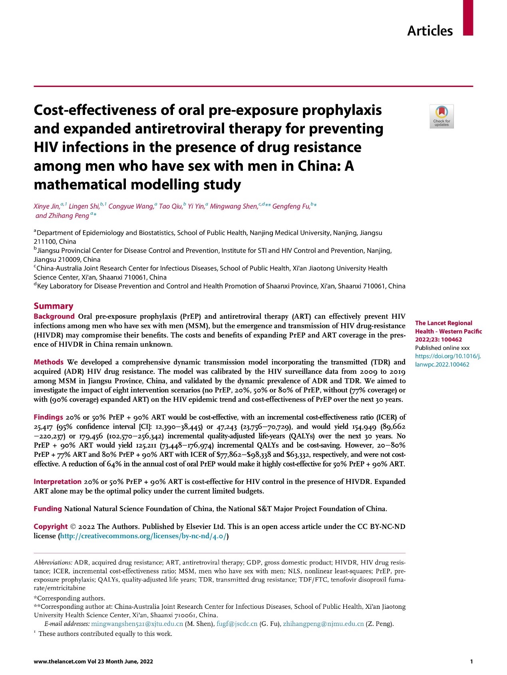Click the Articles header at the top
click(430, 31)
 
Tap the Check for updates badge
click(441, 116)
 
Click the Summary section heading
click(54, 306)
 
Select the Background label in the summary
click(54, 316)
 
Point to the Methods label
click(48, 362)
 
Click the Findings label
click(48, 417)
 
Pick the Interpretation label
click(58, 482)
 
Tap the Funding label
click(48, 509)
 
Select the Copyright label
click(50, 527)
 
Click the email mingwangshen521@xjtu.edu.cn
click(137, 624)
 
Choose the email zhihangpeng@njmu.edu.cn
click(323, 624)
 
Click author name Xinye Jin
click(46, 206)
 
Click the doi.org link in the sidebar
click(447, 360)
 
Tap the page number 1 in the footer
click(471, 661)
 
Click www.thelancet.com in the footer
click(60, 661)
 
